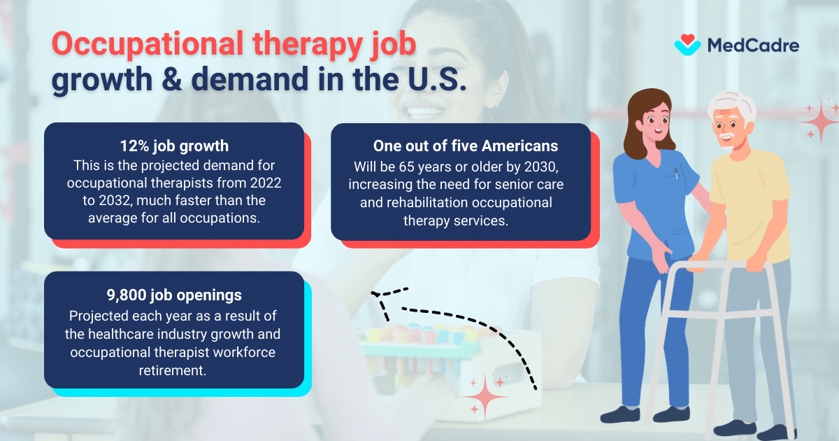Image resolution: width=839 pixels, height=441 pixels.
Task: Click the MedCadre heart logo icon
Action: pyautogui.click(x=687, y=45)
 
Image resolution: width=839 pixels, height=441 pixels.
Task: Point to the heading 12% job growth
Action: pyautogui.click(x=174, y=147)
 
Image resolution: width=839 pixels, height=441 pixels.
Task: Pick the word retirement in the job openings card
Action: pyautogui.click(x=174, y=370)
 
